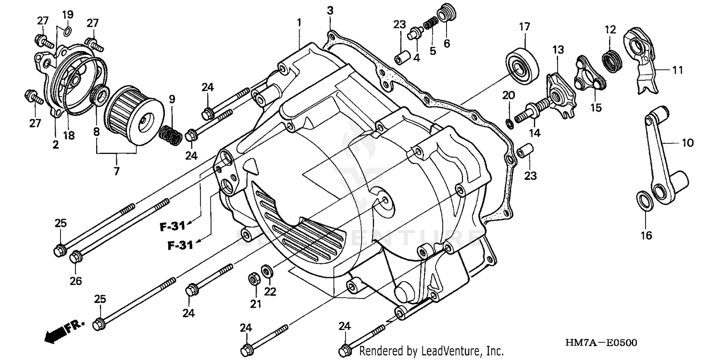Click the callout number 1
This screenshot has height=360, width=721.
299,22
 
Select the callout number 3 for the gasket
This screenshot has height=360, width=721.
330,11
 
